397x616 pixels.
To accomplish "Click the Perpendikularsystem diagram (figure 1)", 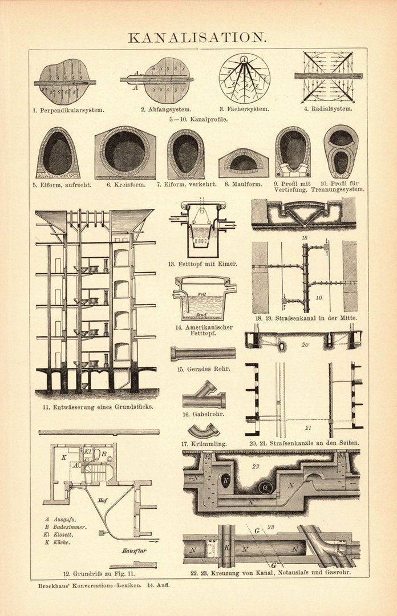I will pyautogui.click(x=64, y=82).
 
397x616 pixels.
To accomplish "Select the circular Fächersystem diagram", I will pyautogui.click(x=244, y=78).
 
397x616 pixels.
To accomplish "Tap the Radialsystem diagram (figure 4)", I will pyautogui.click(x=328, y=76).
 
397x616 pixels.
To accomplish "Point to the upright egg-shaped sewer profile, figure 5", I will pyautogui.click(x=58, y=153).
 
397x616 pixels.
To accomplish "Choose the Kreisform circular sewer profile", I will pyautogui.click(x=125, y=152).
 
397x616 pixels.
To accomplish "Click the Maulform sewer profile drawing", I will pyautogui.click(x=244, y=163).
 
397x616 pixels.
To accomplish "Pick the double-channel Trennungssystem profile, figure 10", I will pyautogui.click(x=341, y=151).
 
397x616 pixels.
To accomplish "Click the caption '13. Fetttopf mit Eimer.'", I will pyautogui.click(x=202, y=264).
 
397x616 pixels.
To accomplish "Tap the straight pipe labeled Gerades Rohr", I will pyautogui.click(x=202, y=354).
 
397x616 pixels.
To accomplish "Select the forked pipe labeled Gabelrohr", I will pyautogui.click(x=204, y=396).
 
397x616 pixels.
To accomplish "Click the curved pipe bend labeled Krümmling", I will pyautogui.click(x=203, y=431).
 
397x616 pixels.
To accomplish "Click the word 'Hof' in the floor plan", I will pyautogui.click(x=103, y=500).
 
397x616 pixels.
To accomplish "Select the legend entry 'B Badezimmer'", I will pyautogui.click(x=66, y=527).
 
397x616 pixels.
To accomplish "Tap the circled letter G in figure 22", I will pyautogui.click(x=265, y=488).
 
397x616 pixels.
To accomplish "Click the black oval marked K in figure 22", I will pyautogui.click(x=226, y=481).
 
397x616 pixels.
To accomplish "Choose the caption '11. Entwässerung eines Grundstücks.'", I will pyautogui.click(x=97, y=407).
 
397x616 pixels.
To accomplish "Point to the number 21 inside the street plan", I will pyautogui.click(x=308, y=428).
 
